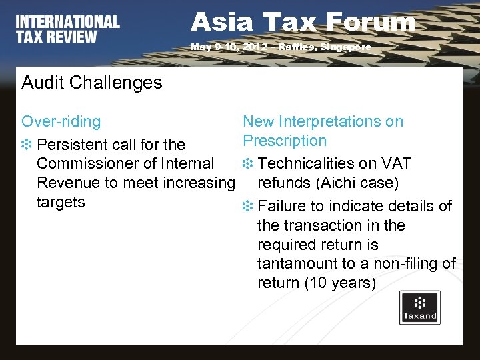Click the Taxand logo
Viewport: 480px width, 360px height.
point(419,307)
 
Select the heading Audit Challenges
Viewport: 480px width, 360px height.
point(91,83)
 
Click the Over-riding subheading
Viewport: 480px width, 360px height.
point(61,121)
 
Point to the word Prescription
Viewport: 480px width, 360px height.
point(285,141)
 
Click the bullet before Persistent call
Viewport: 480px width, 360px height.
point(27,145)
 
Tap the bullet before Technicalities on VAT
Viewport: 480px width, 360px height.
point(247,164)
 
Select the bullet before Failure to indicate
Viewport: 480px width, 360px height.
point(247,207)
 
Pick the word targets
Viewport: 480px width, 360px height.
point(61,202)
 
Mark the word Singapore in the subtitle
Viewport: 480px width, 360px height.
point(346,47)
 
